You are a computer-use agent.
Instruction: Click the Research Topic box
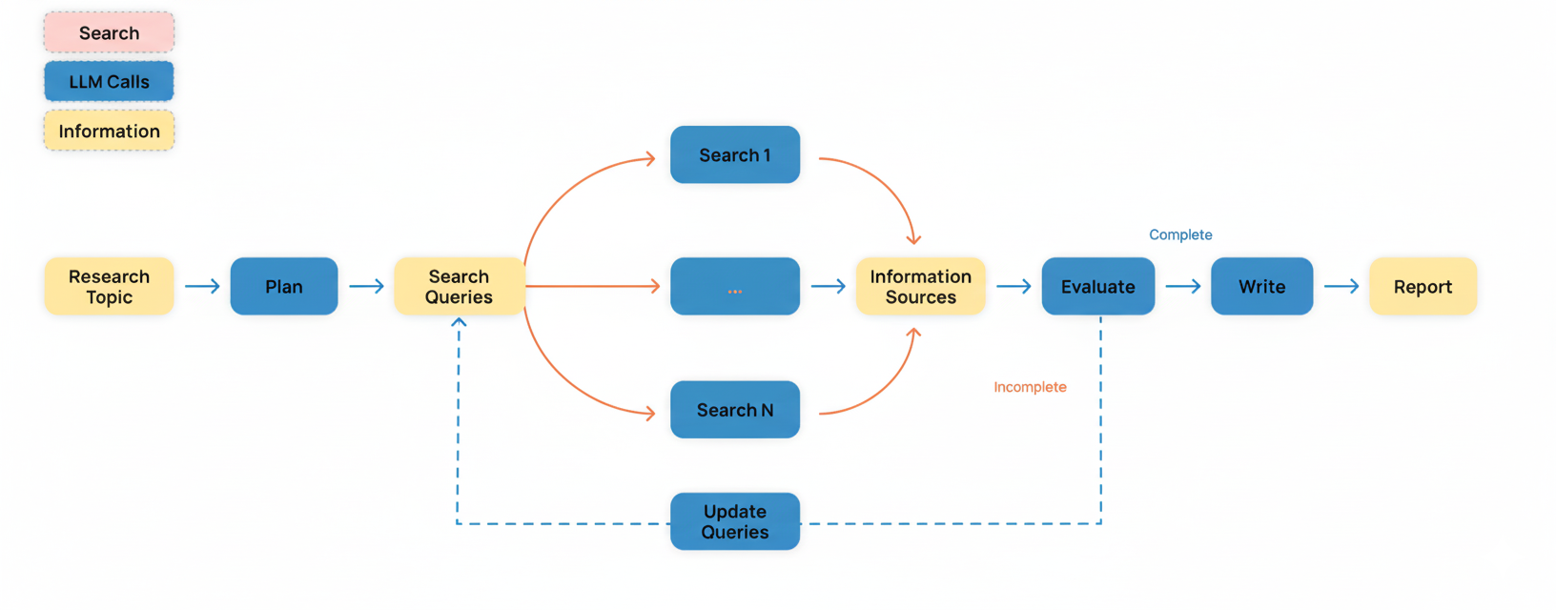109,286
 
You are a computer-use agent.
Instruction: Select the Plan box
284,286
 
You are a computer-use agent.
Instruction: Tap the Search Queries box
459,286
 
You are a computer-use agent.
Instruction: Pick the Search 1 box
734,154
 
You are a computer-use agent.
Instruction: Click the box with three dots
734,286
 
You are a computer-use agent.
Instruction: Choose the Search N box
734,410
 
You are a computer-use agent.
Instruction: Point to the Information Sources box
920,286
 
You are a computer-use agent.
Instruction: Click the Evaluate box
1097,286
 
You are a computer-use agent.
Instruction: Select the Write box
1261,286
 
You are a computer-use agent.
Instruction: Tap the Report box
1423,286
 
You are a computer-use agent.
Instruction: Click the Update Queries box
734,521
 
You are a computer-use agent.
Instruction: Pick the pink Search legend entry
109,32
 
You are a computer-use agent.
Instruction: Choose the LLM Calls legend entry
109,82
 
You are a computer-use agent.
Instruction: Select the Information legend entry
109,131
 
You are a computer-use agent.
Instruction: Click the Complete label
1180,234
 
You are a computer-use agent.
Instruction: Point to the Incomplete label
1030,387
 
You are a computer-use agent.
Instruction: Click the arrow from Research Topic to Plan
202,286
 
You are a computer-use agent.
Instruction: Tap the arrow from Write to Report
1341,286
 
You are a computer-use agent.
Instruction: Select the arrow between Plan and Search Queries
366,286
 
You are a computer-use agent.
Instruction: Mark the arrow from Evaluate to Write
1183,286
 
